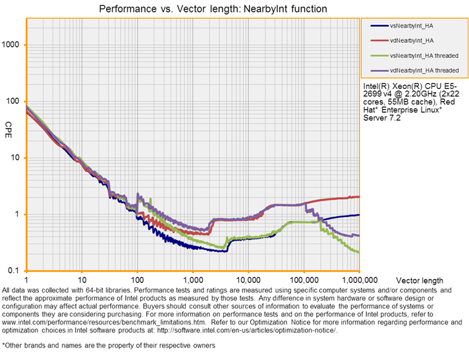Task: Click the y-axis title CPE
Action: pyautogui.click(x=9, y=125)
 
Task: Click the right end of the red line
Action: pyautogui.click(x=359, y=196)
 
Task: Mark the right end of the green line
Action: pyautogui.click(x=358, y=252)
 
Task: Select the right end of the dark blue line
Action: pyautogui.click(x=359, y=215)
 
